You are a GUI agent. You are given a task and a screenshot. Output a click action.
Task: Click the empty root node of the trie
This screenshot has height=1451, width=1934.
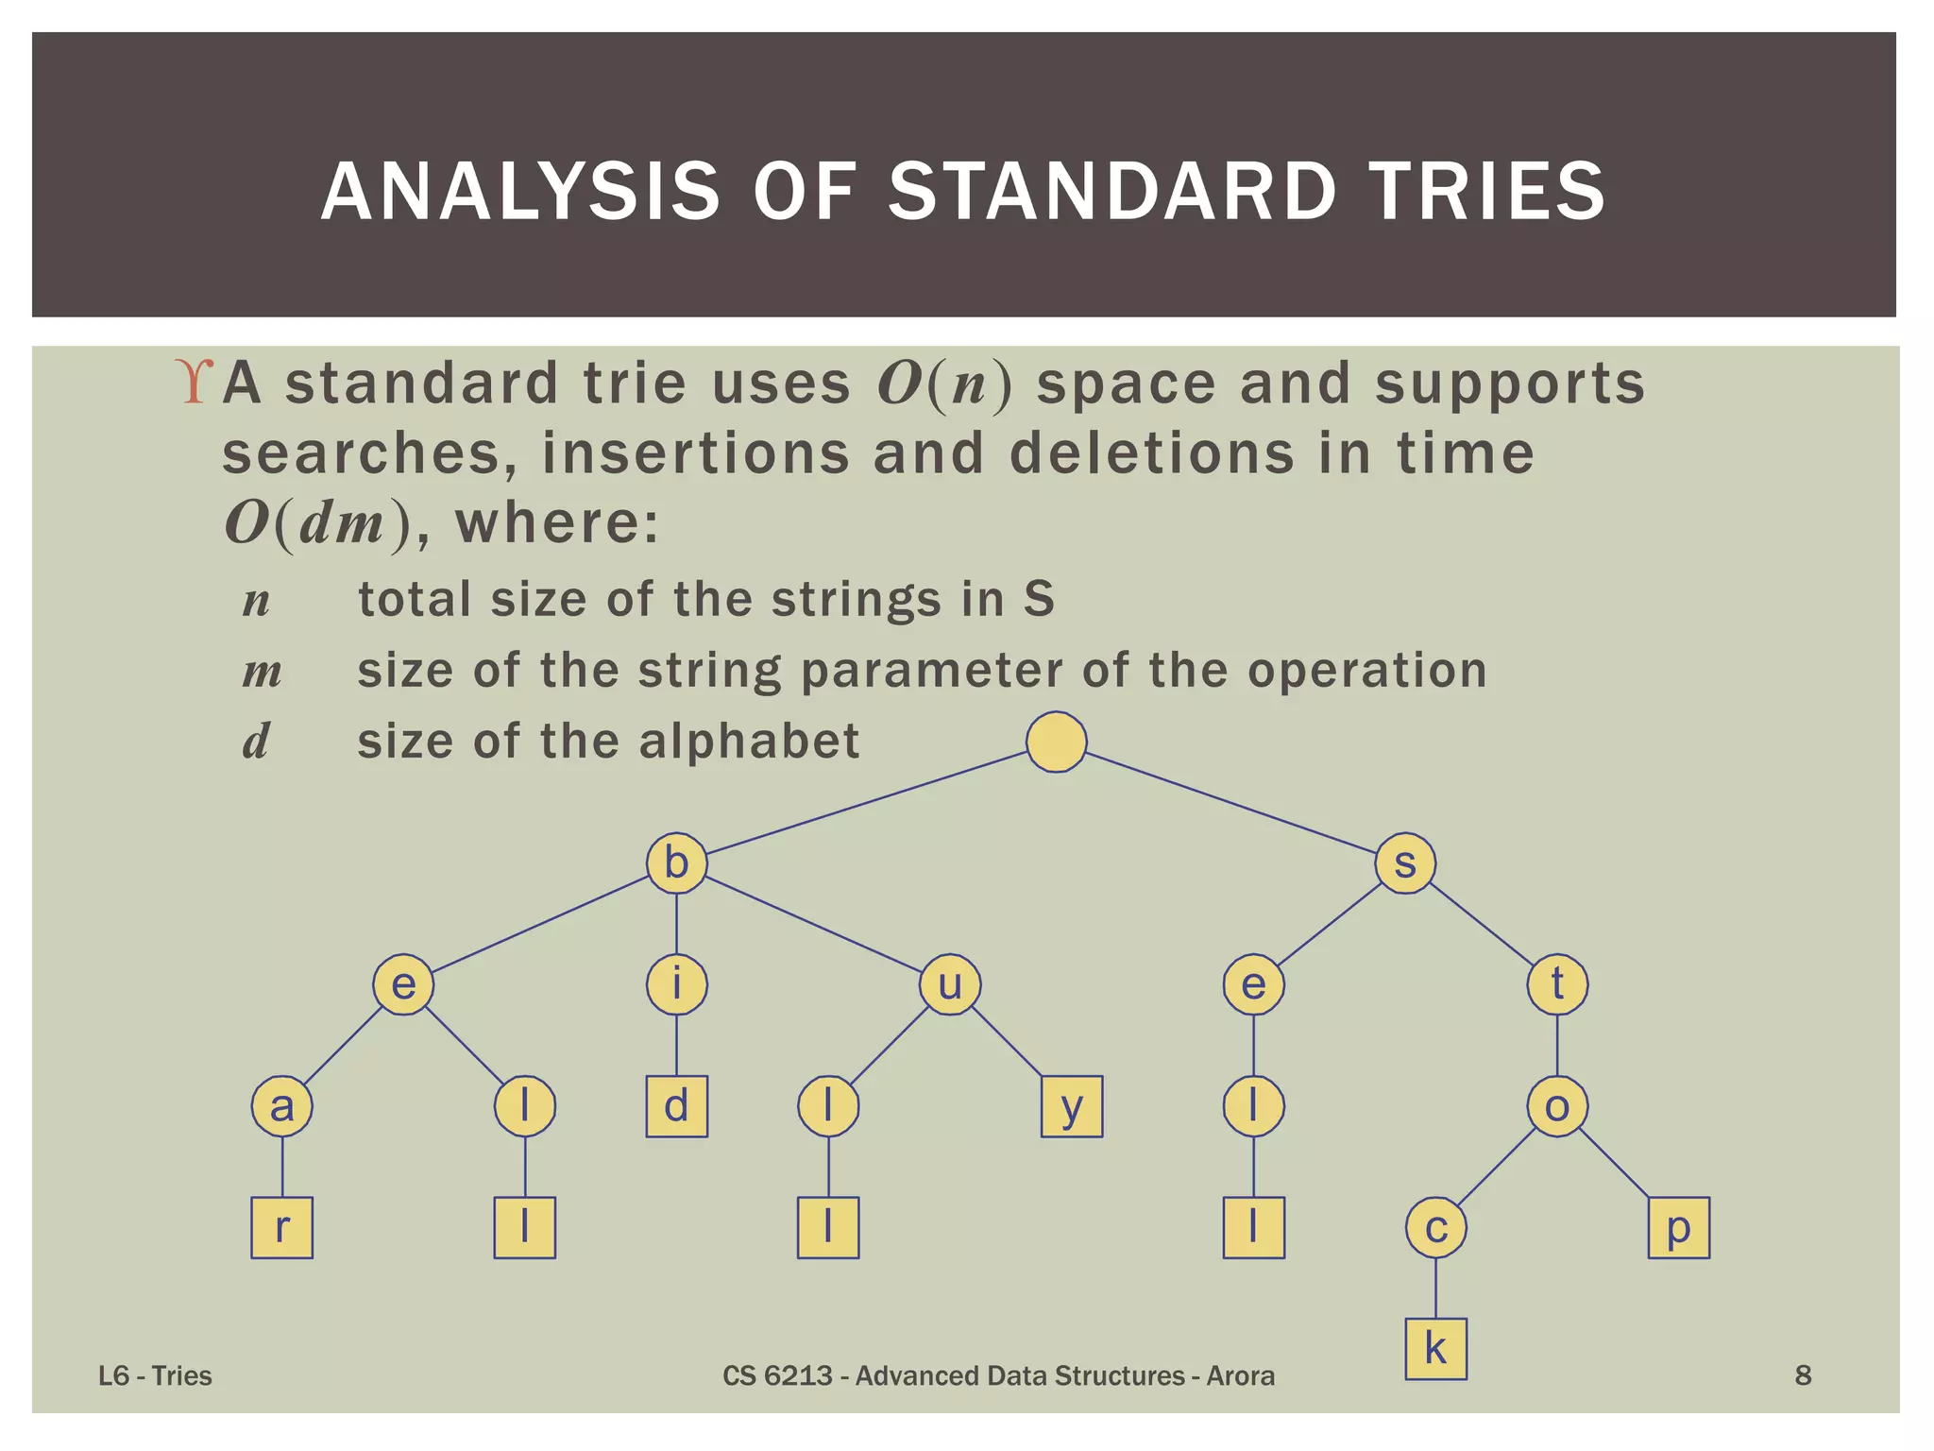(x=1056, y=742)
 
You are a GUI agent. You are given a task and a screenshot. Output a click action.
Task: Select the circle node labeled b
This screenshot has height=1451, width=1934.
(x=676, y=862)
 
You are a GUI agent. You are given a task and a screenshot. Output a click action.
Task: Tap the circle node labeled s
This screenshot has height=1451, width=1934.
(x=1405, y=862)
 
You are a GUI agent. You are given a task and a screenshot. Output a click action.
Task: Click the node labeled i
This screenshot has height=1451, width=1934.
(x=676, y=984)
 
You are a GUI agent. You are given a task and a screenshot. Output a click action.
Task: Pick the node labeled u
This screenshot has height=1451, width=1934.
(x=950, y=984)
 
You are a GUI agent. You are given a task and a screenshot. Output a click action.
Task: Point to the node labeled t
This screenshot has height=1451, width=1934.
(x=1557, y=984)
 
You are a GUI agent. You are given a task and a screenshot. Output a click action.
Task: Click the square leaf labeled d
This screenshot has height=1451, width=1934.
(x=676, y=1106)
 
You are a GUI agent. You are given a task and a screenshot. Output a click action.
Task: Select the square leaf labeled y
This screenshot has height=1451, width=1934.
(x=1072, y=1106)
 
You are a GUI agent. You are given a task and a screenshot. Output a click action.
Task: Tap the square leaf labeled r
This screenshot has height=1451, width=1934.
(x=281, y=1227)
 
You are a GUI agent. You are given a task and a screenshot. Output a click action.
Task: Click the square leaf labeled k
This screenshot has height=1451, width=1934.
(x=1435, y=1349)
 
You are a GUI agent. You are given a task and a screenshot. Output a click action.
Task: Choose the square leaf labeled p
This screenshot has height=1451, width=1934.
(x=1678, y=1227)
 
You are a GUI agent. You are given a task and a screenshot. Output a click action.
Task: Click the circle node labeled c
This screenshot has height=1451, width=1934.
(x=1435, y=1227)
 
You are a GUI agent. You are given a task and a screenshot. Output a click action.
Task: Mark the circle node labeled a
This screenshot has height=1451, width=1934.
(x=281, y=1106)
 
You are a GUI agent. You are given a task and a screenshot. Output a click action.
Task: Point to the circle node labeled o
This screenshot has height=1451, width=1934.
(x=1557, y=1106)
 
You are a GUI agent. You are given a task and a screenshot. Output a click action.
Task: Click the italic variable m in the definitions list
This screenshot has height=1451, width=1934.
(x=262, y=672)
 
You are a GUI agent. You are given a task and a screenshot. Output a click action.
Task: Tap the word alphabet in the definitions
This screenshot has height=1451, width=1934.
(x=749, y=741)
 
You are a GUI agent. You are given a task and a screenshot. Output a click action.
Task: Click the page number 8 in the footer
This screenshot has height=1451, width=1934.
(x=1803, y=1375)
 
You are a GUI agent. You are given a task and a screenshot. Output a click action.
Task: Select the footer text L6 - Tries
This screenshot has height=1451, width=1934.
(x=155, y=1375)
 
